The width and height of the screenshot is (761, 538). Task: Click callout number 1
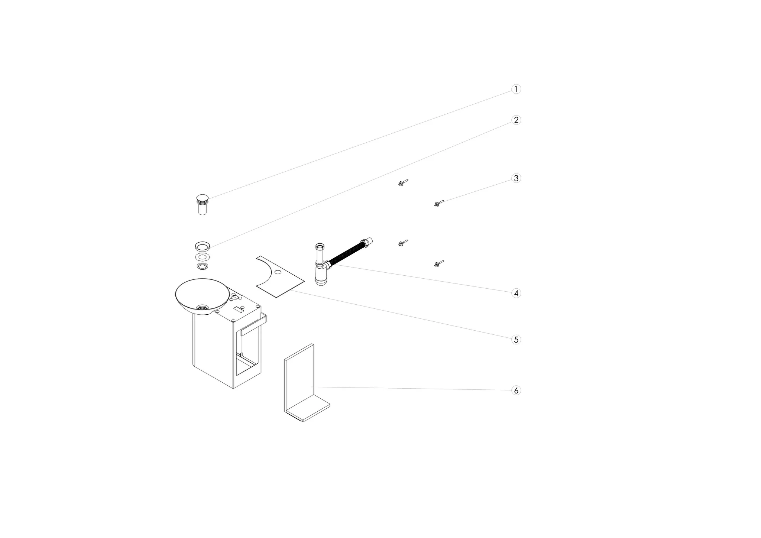516,89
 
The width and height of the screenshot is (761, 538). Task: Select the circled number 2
516,120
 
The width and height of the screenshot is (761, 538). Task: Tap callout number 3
516,178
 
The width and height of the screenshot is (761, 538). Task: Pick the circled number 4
516,293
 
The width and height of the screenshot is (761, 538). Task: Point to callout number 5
516,340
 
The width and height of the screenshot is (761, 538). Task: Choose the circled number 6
516,390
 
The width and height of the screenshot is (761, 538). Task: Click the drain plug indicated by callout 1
203,205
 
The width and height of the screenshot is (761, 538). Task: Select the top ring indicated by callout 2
203,246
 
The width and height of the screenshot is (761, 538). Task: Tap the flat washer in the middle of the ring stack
203,257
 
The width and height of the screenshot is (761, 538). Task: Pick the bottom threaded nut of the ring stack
203,266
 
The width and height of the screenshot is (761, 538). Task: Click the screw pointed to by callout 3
439,203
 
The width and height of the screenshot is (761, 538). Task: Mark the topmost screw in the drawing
403,182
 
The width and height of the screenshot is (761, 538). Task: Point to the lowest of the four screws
439,264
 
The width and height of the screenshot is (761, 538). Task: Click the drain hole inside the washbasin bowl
203,308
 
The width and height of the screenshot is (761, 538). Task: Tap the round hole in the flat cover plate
278,272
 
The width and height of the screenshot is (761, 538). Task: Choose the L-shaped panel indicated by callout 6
307,383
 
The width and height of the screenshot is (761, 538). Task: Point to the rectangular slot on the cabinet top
238,309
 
